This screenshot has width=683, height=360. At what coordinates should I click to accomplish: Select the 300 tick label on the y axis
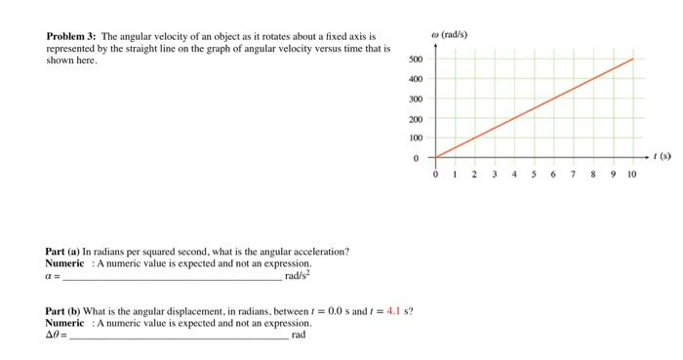[415, 99]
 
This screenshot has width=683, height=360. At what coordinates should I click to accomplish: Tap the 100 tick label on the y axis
[415, 138]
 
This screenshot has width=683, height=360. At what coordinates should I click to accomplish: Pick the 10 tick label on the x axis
[631, 174]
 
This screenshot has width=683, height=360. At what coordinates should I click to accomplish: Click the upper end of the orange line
[632, 59]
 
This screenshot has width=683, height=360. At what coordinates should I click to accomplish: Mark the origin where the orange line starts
[436, 157]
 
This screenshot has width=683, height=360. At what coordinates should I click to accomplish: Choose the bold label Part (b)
[63, 311]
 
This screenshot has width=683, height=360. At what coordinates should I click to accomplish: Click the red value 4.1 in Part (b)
[396, 311]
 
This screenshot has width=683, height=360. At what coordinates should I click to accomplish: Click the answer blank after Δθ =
[180, 335]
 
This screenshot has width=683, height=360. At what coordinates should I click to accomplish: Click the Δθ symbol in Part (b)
[53, 335]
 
